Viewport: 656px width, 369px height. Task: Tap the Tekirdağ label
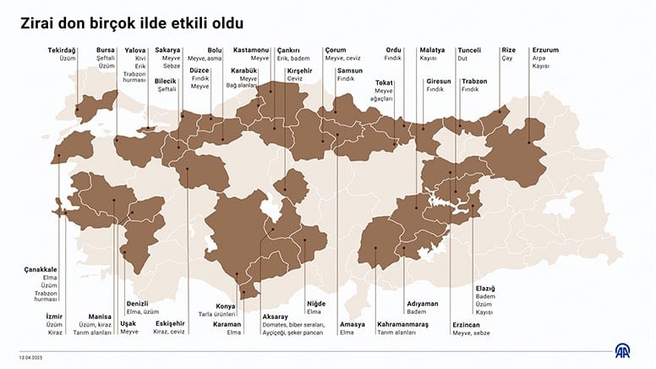pos(62,50)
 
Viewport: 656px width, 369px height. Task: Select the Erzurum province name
pos(545,50)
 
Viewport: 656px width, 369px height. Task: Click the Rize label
pos(508,50)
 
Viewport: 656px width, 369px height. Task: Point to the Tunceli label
pos(469,50)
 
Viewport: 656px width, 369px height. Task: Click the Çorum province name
pos(335,50)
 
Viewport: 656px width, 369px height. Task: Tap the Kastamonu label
pos(252,50)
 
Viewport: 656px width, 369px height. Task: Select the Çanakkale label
pos(41,269)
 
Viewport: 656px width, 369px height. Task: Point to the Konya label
pos(225,306)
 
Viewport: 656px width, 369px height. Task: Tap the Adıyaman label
pos(422,303)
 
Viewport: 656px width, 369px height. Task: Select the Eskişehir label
pos(171,324)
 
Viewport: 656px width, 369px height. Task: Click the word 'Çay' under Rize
pos(506,59)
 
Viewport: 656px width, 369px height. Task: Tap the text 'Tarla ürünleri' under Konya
pos(216,314)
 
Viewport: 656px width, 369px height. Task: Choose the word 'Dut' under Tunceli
pos(462,59)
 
